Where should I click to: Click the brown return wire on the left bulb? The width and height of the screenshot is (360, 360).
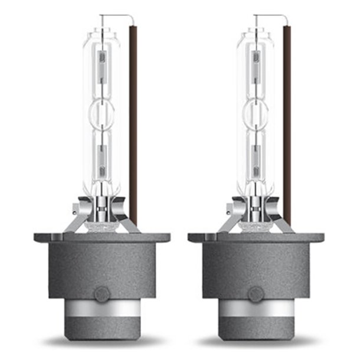coord(133,118)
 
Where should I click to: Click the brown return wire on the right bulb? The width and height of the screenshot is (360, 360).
coord(287,118)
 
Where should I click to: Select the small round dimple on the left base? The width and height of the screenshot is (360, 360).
coord(103,293)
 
